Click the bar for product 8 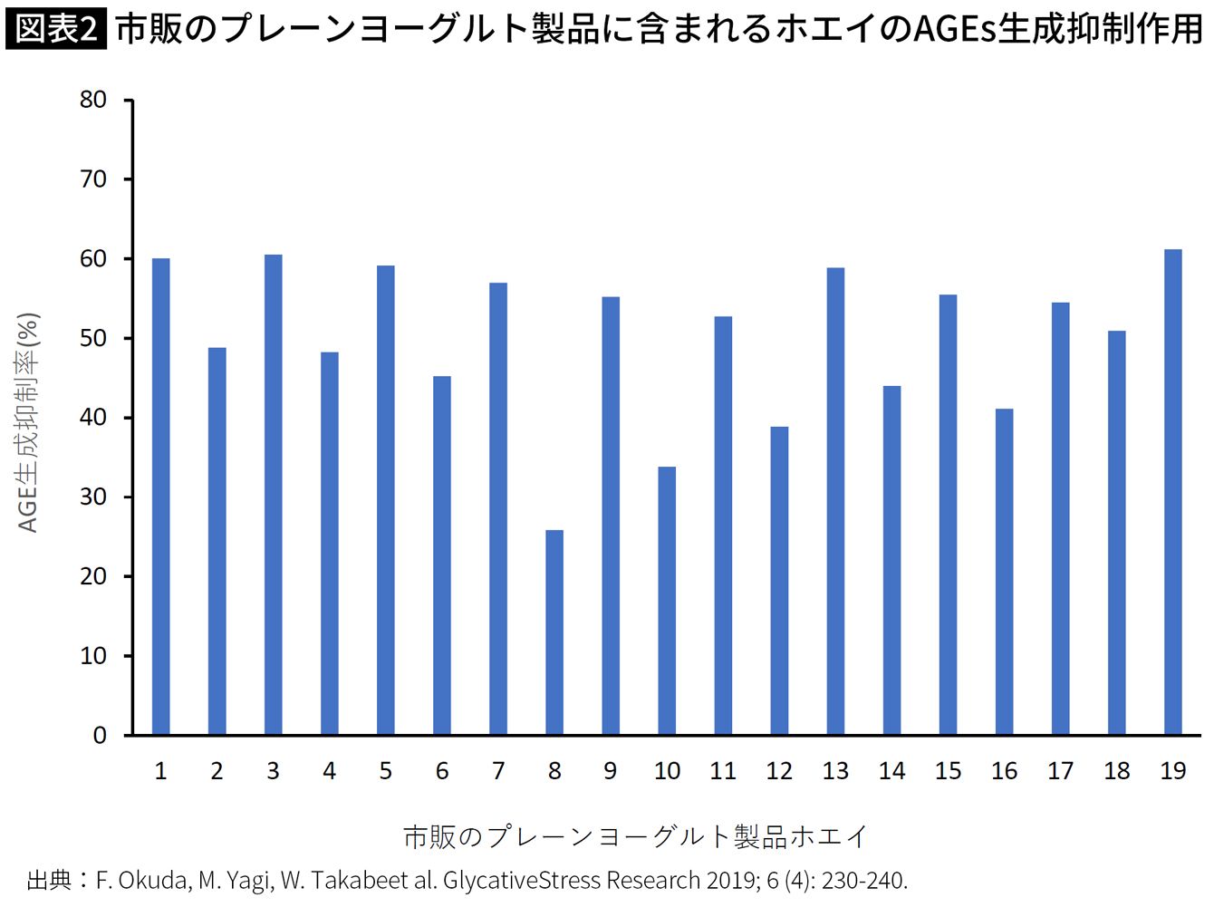(554, 632)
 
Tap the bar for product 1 (160, 497)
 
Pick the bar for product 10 (667, 601)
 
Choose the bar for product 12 (779, 581)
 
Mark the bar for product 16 (1004, 572)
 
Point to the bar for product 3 (273, 495)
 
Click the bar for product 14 (891, 560)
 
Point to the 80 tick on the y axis (93, 100)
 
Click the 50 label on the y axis (93, 338)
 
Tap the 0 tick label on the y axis (100, 736)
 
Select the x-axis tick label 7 (498, 771)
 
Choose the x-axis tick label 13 (835, 771)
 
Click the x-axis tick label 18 (1117, 771)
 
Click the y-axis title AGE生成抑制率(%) (28, 422)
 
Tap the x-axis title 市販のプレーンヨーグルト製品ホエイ (635, 835)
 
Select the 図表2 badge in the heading (56, 29)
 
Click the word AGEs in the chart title (952, 29)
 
